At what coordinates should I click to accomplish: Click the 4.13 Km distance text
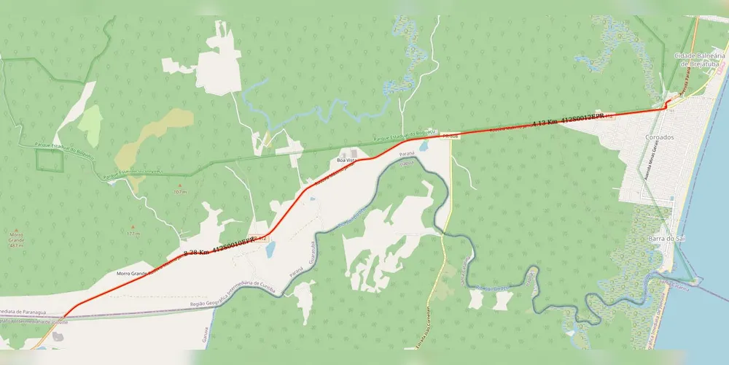(x=545, y=123)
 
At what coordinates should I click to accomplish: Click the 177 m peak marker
(x=133, y=234)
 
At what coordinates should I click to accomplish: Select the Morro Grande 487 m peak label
(x=16, y=241)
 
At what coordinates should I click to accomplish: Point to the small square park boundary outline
(x=50, y=160)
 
